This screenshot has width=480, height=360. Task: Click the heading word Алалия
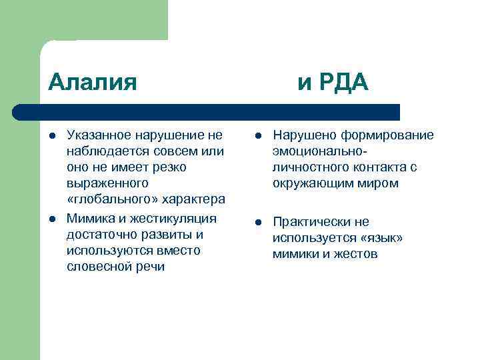click(93, 82)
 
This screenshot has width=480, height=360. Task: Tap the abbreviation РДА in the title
click(343, 82)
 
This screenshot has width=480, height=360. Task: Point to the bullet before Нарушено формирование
click(257, 136)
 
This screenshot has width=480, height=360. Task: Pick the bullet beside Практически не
click(257, 223)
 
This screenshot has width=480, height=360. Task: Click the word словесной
click(95, 267)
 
